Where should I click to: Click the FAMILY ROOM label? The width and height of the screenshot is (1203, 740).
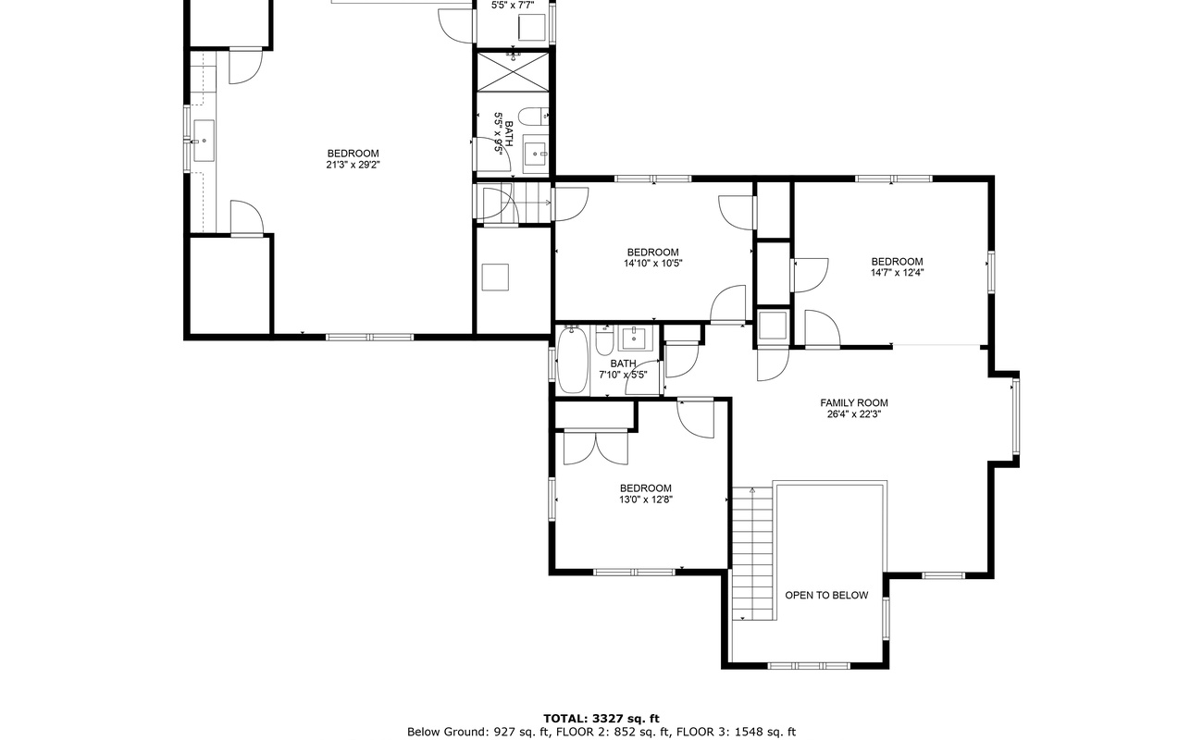853,402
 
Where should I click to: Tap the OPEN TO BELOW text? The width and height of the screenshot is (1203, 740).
826,595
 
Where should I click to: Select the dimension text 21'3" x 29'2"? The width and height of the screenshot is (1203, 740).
353,165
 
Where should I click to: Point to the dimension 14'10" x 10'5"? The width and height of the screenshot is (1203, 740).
652,264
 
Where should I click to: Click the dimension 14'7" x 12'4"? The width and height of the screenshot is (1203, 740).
897,273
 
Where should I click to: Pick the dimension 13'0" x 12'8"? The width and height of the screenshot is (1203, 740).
645,499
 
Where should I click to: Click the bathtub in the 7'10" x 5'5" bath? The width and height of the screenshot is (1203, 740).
572,362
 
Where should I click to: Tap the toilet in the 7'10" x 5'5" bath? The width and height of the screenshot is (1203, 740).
604,343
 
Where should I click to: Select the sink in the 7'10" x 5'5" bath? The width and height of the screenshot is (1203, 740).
634,337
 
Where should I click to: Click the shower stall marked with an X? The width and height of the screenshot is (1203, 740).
513,71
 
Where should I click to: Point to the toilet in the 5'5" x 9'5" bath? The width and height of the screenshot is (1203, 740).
533,117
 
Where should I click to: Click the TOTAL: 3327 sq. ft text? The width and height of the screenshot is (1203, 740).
601,718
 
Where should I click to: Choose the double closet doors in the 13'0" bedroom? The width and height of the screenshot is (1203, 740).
596,448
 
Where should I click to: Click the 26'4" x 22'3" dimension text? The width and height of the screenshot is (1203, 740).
853,414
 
